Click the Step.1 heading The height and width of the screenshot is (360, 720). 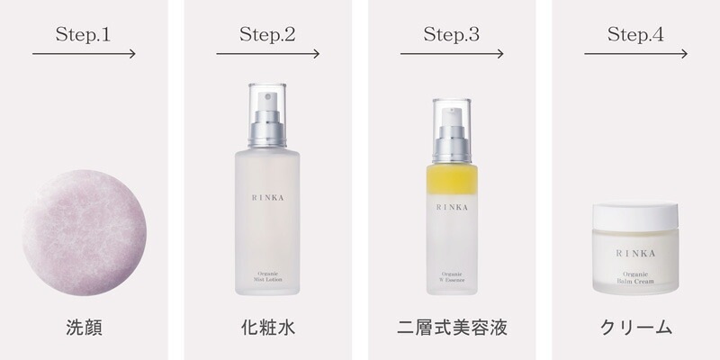point(83,34)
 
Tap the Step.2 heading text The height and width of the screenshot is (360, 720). point(267,34)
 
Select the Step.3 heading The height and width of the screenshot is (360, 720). point(451,34)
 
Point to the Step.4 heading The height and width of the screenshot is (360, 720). point(635,34)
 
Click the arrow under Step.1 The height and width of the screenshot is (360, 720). point(84,54)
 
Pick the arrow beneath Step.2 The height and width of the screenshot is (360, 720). point(267,54)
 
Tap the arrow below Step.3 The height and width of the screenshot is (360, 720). point(452,54)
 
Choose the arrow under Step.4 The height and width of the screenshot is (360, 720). point(635,54)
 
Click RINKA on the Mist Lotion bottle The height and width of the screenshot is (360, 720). point(267,192)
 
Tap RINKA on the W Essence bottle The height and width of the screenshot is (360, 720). point(452,207)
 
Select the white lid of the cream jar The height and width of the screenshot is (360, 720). point(635,214)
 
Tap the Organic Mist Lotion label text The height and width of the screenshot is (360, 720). point(267,278)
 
